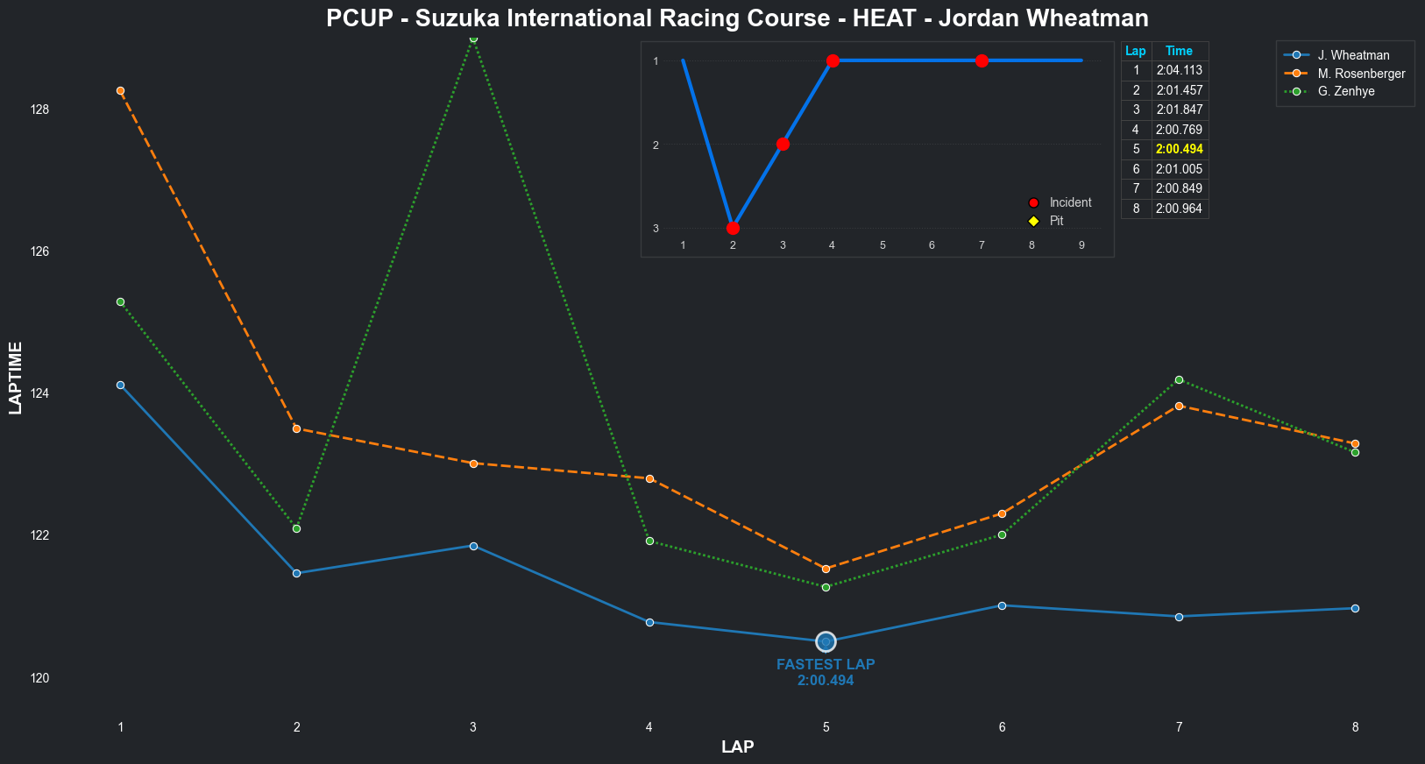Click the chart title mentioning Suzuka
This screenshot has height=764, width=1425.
[737, 18]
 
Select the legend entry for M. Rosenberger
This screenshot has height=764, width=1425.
[1360, 74]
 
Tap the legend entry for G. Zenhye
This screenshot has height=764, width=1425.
[1345, 91]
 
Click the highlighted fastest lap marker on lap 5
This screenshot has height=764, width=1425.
[826, 642]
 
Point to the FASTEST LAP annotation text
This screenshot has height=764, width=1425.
[826, 664]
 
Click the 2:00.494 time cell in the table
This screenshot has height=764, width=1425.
[1179, 149]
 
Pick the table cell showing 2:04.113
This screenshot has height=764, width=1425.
[1179, 70]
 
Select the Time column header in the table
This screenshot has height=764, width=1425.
[1179, 51]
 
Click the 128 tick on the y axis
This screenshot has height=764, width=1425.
[39, 110]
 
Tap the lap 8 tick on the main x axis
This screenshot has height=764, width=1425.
[1355, 727]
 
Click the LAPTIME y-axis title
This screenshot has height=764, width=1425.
[15, 378]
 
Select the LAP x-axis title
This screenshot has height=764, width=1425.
[737, 747]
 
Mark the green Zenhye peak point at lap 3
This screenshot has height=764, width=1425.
[473, 39]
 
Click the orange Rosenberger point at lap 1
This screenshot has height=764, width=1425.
[120, 90]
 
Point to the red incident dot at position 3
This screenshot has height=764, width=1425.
[733, 228]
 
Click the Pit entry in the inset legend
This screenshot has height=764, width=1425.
[1056, 221]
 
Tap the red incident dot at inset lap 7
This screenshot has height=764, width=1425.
[982, 60]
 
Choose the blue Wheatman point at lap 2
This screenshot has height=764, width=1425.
[296, 573]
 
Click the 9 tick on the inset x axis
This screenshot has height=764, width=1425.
[1081, 245]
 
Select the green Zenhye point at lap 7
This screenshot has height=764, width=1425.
[1179, 379]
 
